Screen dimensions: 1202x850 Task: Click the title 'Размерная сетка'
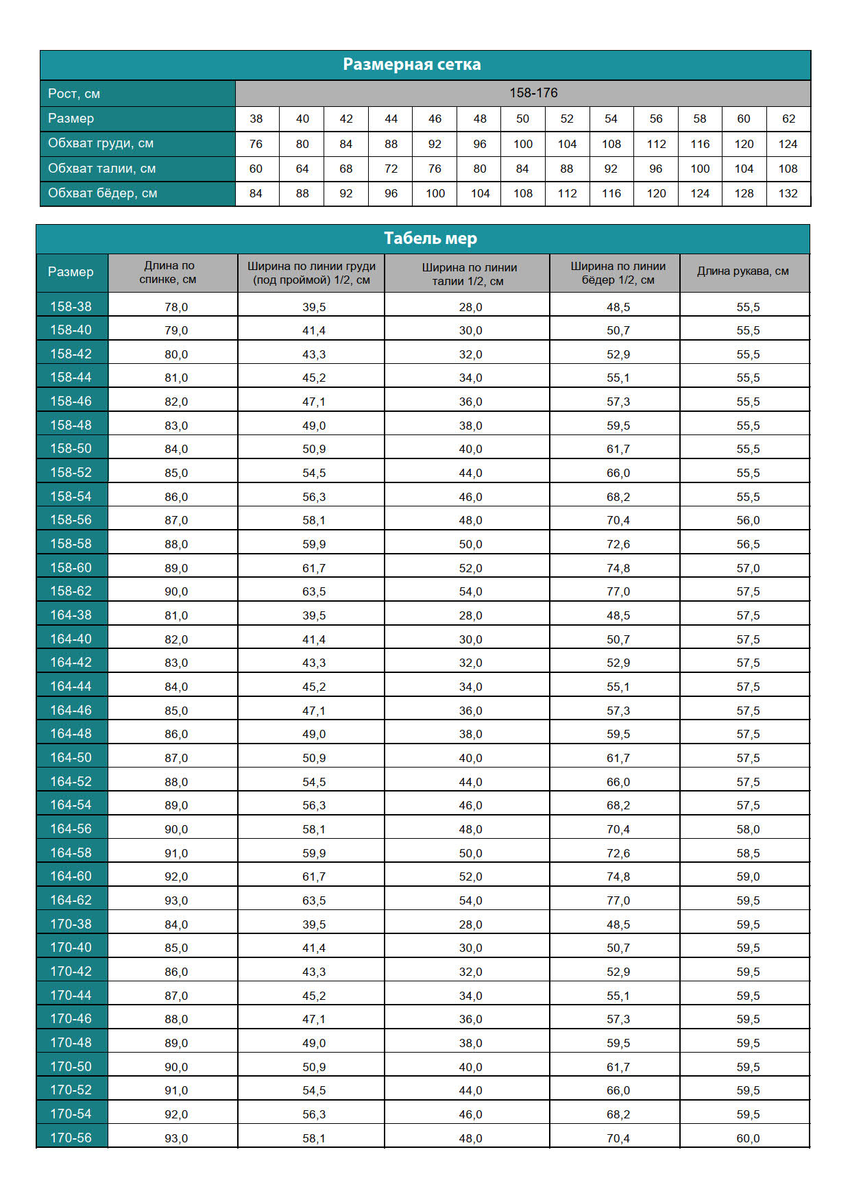pyautogui.click(x=412, y=64)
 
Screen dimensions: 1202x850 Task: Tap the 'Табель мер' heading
pyautogui.click(x=430, y=238)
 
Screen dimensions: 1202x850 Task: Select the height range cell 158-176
pyautogui.click(x=533, y=93)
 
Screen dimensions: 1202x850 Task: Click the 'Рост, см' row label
pyautogui.click(x=74, y=94)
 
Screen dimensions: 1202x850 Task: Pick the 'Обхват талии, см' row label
pyautogui.click(x=101, y=169)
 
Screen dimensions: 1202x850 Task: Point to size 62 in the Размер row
pyautogui.click(x=788, y=119)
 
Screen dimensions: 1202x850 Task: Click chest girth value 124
pyautogui.click(x=788, y=144)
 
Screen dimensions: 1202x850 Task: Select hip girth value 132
pyautogui.click(x=788, y=193)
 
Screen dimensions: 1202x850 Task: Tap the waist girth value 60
pyautogui.click(x=256, y=169)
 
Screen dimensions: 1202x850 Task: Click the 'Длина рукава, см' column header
pyautogui.click(x=743, y=271)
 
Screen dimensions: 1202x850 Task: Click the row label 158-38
pyautogui.click(x=71, y=306)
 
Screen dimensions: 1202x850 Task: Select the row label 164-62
pyautogui.click(x=71, y=900)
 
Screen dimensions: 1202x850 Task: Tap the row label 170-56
pyautogui.click(x=71, y=1138)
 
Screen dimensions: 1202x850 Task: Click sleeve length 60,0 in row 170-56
pyautogui.click(x=748, y=1138)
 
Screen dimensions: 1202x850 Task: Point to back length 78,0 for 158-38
pyautogui.click(x=176, y=307)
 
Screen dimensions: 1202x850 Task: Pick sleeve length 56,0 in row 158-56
pyautogui.click(x=748, y=520)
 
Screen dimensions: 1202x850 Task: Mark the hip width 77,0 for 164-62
pyautogui.click(x=618, y=900)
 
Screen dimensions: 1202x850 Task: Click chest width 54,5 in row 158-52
pyautogui.click(x=314, y=473)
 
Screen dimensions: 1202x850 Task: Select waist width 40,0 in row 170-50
pyautogui.click(x=470, y=1067)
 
